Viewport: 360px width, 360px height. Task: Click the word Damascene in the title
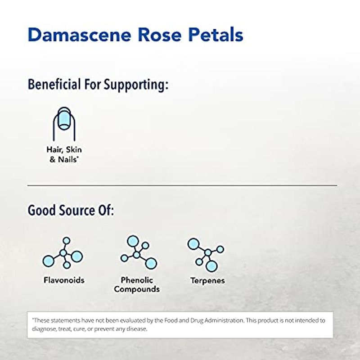80,35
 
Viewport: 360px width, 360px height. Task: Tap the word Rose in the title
160,35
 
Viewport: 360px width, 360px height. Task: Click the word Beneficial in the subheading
54,84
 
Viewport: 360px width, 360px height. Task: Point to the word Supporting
136,85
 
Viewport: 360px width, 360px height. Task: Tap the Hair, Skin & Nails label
64,154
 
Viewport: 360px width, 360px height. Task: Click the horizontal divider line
182,185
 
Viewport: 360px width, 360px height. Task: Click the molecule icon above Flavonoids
63,253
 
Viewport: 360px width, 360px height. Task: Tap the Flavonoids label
64,280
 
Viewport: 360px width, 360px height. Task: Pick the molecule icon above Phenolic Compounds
139,252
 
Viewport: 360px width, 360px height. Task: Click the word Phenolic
137,280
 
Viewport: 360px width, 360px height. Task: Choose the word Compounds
137,289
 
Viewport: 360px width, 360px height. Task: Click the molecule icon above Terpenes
206,255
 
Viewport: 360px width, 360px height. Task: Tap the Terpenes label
207,280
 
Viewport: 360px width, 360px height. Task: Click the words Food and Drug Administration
204,320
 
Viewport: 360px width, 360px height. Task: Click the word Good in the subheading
42,210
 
